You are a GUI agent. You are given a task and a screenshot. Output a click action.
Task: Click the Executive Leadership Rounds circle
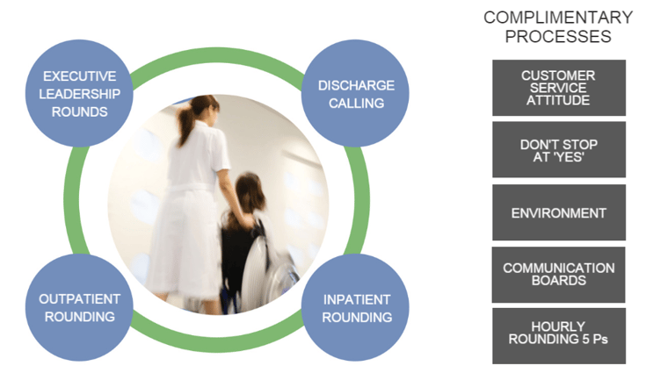tap(79, 93)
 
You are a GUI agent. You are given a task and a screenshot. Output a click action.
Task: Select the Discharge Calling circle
tap(356, 93)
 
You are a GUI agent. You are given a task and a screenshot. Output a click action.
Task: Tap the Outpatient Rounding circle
tap(79, 307)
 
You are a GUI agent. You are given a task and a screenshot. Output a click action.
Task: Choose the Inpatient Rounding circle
tap(356, 307)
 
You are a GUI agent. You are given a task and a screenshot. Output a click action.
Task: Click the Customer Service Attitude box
tap(559, 88)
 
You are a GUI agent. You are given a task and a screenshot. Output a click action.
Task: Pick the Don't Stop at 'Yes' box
tap(559, 150)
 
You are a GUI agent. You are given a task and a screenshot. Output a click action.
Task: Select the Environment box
tap(559, 212)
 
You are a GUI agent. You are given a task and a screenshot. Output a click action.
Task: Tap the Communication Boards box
tap(558, 275)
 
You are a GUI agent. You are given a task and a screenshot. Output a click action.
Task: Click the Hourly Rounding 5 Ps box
tap(559, 336)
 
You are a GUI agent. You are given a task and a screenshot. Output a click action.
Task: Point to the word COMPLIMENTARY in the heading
tap(558, 18)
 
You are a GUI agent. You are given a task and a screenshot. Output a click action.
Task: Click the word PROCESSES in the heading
tap(558, 37)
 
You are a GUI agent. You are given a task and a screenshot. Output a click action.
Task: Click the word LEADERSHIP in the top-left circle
tap(79, 94)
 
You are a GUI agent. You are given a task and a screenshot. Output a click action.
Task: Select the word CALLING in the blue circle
tap(356, 103)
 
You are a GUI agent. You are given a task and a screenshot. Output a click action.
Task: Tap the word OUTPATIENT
tap(79, 299)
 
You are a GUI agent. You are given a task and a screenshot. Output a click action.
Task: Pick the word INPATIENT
tap(357, 300)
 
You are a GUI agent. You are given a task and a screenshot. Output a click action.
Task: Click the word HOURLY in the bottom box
tap(558, 326)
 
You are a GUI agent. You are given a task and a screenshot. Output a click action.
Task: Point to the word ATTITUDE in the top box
tap(558, 100)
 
